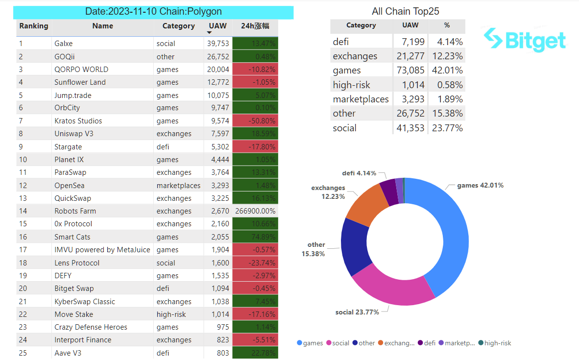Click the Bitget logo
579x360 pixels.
pyautogui.click(x=525, y=40)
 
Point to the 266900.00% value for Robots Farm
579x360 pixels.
pyautogui.click(x=256, y=211)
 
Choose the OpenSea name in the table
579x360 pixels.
pyautogui.click(x=70, y=186)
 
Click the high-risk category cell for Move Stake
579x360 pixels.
pyautogui.click(x=171, y=314)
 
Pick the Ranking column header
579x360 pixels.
pyautogui.click(x=34, y=26)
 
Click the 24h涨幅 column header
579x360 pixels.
pyautogui.click(x=255, y=26)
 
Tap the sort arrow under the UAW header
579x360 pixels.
pyautogui.click(x=210, y=33)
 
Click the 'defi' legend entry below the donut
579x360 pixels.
pyautogui.click(x=427, y=343)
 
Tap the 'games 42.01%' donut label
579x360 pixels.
pyautogui.click(x=480, y=186)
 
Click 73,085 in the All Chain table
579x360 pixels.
pyautogui.click(x=410, y=71)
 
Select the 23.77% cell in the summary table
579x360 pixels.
pyautogui.click(x=447, y=128)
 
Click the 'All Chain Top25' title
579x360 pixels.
pyautogui.click(x=406, y=11)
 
